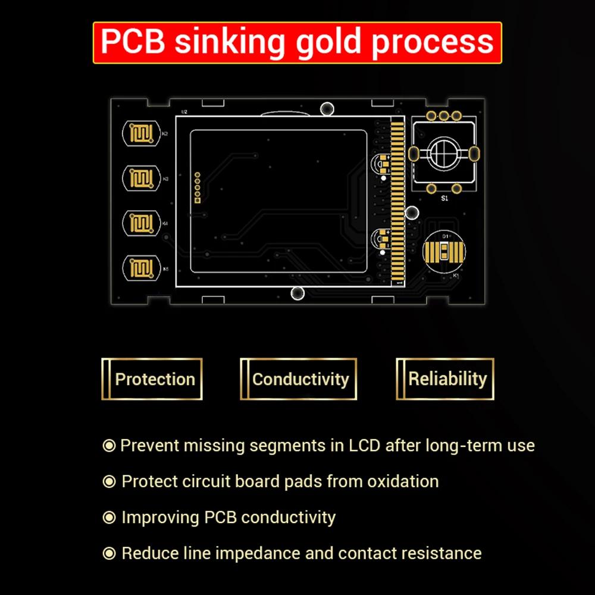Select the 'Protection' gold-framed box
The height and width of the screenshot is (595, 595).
click(x=152, y=379)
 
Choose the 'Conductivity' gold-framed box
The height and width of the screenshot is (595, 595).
click(x=299, y=379)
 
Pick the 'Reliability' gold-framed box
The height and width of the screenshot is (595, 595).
click(x=446, y=378)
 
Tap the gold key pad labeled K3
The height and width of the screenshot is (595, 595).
click(x=141, y=178)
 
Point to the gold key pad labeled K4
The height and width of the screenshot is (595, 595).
click(x=141, y=223)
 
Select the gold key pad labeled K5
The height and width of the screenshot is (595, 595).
click(x=141, y=268)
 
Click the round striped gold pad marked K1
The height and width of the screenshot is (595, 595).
click(x=443, y=251)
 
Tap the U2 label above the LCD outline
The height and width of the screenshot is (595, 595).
click(x=184, y=112)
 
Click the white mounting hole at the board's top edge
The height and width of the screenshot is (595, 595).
click(x=327, y=109)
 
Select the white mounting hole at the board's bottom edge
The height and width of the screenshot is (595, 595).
click(x=298, y=293)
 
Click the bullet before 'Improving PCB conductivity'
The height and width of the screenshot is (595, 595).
click(x=109, y=518)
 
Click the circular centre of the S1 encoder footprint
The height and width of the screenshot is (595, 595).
click(x=443, y=153)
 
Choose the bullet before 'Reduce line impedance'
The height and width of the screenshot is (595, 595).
click(x=109, y=553)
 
